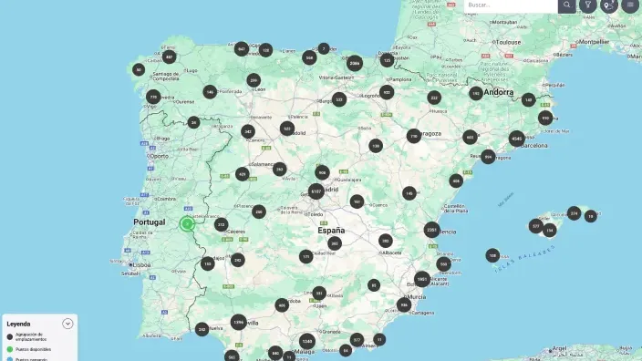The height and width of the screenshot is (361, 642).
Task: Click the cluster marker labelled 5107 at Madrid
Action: (x=316, y=191)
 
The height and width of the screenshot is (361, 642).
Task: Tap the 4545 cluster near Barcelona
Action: (x=517, y=139)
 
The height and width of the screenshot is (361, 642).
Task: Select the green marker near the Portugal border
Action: (x=187, y=223)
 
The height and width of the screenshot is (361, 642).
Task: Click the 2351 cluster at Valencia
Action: (x=431, y=230)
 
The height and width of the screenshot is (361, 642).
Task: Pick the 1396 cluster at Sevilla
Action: (x=238, y=322)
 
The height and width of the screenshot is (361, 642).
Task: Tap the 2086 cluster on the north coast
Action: (x=355, y=63)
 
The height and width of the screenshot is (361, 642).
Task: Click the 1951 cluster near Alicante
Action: (x=421, y=279)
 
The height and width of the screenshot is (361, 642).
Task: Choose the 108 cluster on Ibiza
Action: (x=492, y=255)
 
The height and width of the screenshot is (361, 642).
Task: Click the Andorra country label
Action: (x=499, y=92)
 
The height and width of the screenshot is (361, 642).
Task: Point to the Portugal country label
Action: (x=149, y=222)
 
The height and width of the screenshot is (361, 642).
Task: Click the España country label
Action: (x=330, y=230)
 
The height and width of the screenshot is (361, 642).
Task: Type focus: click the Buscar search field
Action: (x=509, y=5)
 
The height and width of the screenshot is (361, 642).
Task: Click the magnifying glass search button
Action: (x=567, y=5)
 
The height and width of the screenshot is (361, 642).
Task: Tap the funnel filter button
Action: (x=588, y=5)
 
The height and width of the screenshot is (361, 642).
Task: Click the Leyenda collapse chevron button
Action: (x=67, y=324)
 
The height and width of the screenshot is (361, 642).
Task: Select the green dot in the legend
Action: (x=9, y=349)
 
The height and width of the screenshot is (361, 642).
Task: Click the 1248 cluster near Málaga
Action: (x=307, y=341)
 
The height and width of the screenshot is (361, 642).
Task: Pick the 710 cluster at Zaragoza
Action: (x=414, y=136)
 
